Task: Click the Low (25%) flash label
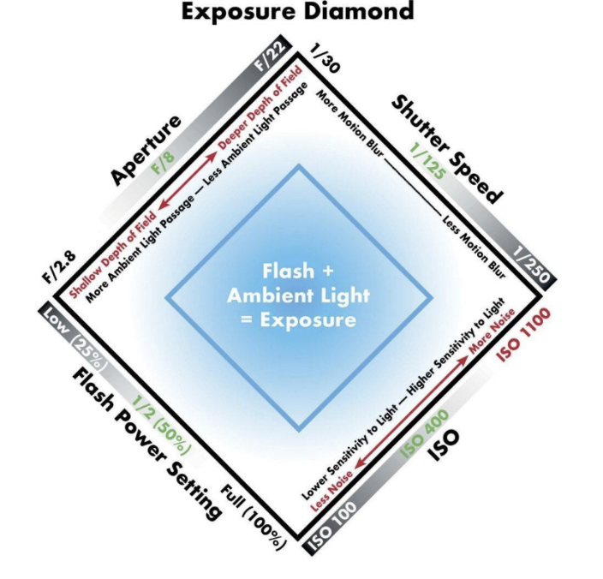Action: click(x=75, y=336)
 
